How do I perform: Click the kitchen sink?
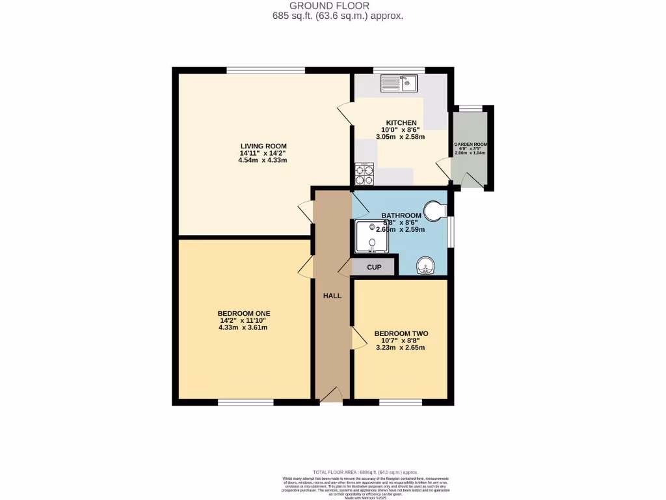pyautogui.click(x=399, y=83)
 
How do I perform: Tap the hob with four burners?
pyautogui.click(x=364, y=174)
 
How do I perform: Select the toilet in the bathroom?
pyautogui.click(x=434, y=210)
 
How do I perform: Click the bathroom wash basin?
pyautogui.click(x=425, y=266)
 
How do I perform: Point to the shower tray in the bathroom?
pyautogui.click(x=371, y=236)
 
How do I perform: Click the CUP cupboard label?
pyautogui.click(x=374, y=267)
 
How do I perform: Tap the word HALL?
pyautogui.click(x=332, y=296)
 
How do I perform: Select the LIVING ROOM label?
pyautogui.click(x=263, y=146)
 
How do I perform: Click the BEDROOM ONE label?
pyautogui.click(x=244, y=313)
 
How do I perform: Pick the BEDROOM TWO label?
pyautogui.click(x=401, y=333)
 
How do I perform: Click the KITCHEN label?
pyautogui.click(x=401, y=123)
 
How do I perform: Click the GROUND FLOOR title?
pyautogui.click(x=338, y=5)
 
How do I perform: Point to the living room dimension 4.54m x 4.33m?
pyautogui.click(x=263, y=160)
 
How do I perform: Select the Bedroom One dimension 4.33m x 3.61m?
pyautogui.click(x=243, y=327)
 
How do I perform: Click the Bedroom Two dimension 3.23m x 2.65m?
pyautogui.click(x=401, y=348)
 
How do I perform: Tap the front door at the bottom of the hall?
pyautogui.click(x=330, y=395)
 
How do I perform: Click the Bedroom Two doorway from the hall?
pyautogui.click(x=356, y=338)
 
